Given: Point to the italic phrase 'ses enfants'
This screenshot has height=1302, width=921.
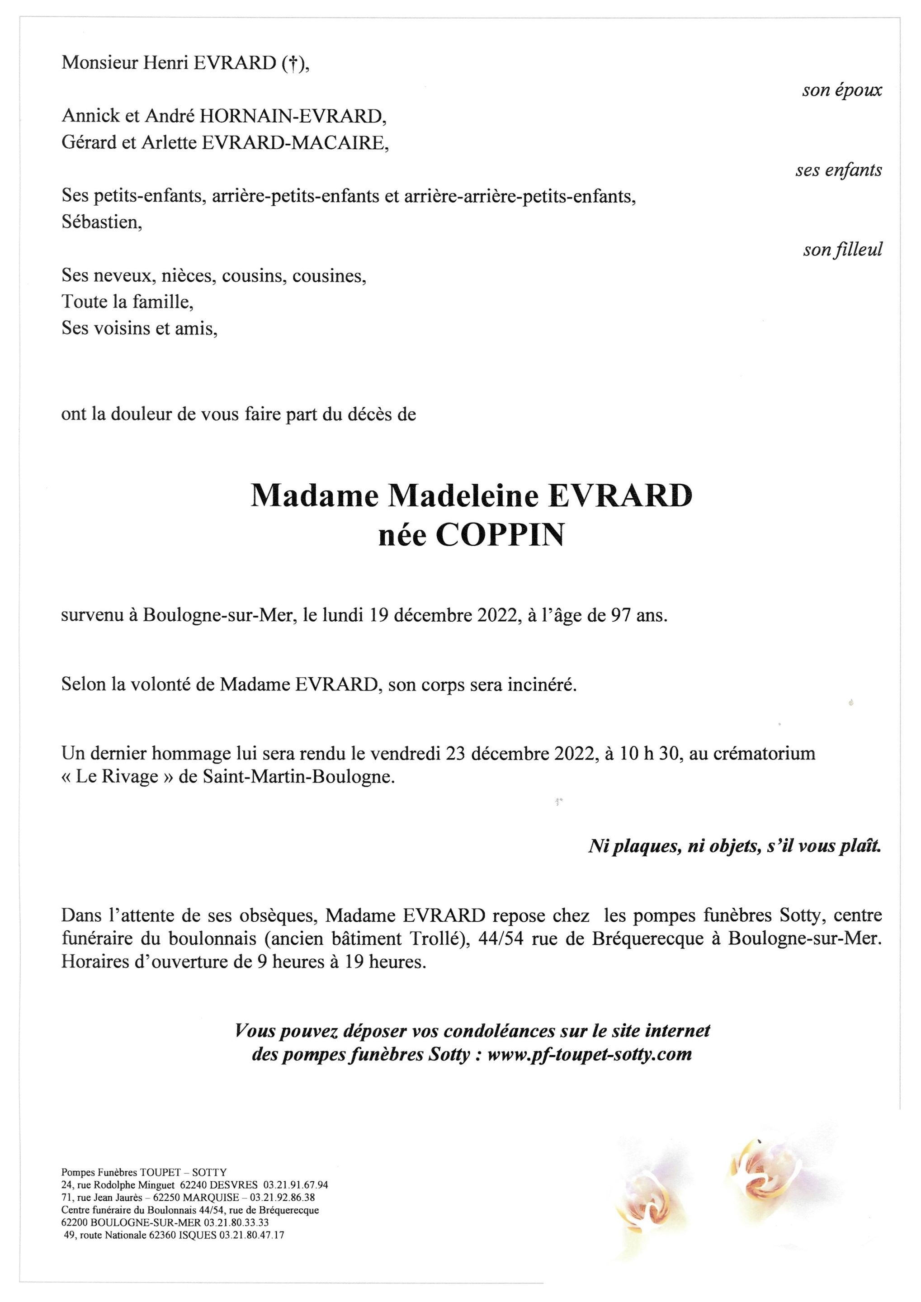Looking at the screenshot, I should (x=838, y=170).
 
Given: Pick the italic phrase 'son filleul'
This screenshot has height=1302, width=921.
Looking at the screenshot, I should (x=842, y=250).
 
